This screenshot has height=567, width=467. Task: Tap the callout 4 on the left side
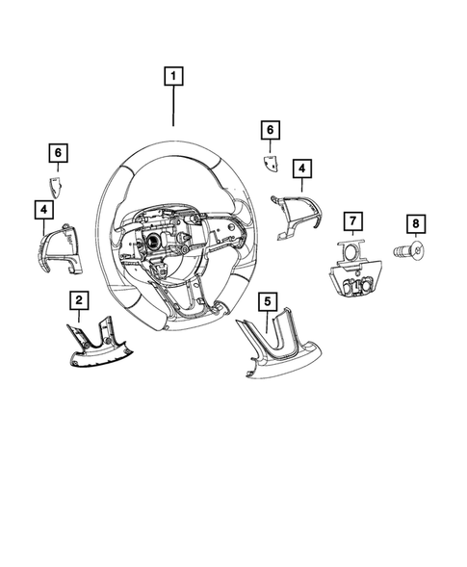pos(44,208)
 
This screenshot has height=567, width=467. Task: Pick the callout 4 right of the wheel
pos(301,169)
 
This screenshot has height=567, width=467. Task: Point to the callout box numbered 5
pos(266,300)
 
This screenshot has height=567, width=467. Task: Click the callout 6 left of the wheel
pos(58,152)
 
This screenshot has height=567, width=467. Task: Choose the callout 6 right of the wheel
pos(271,129)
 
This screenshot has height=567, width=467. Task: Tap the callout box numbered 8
pos(415,224)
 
